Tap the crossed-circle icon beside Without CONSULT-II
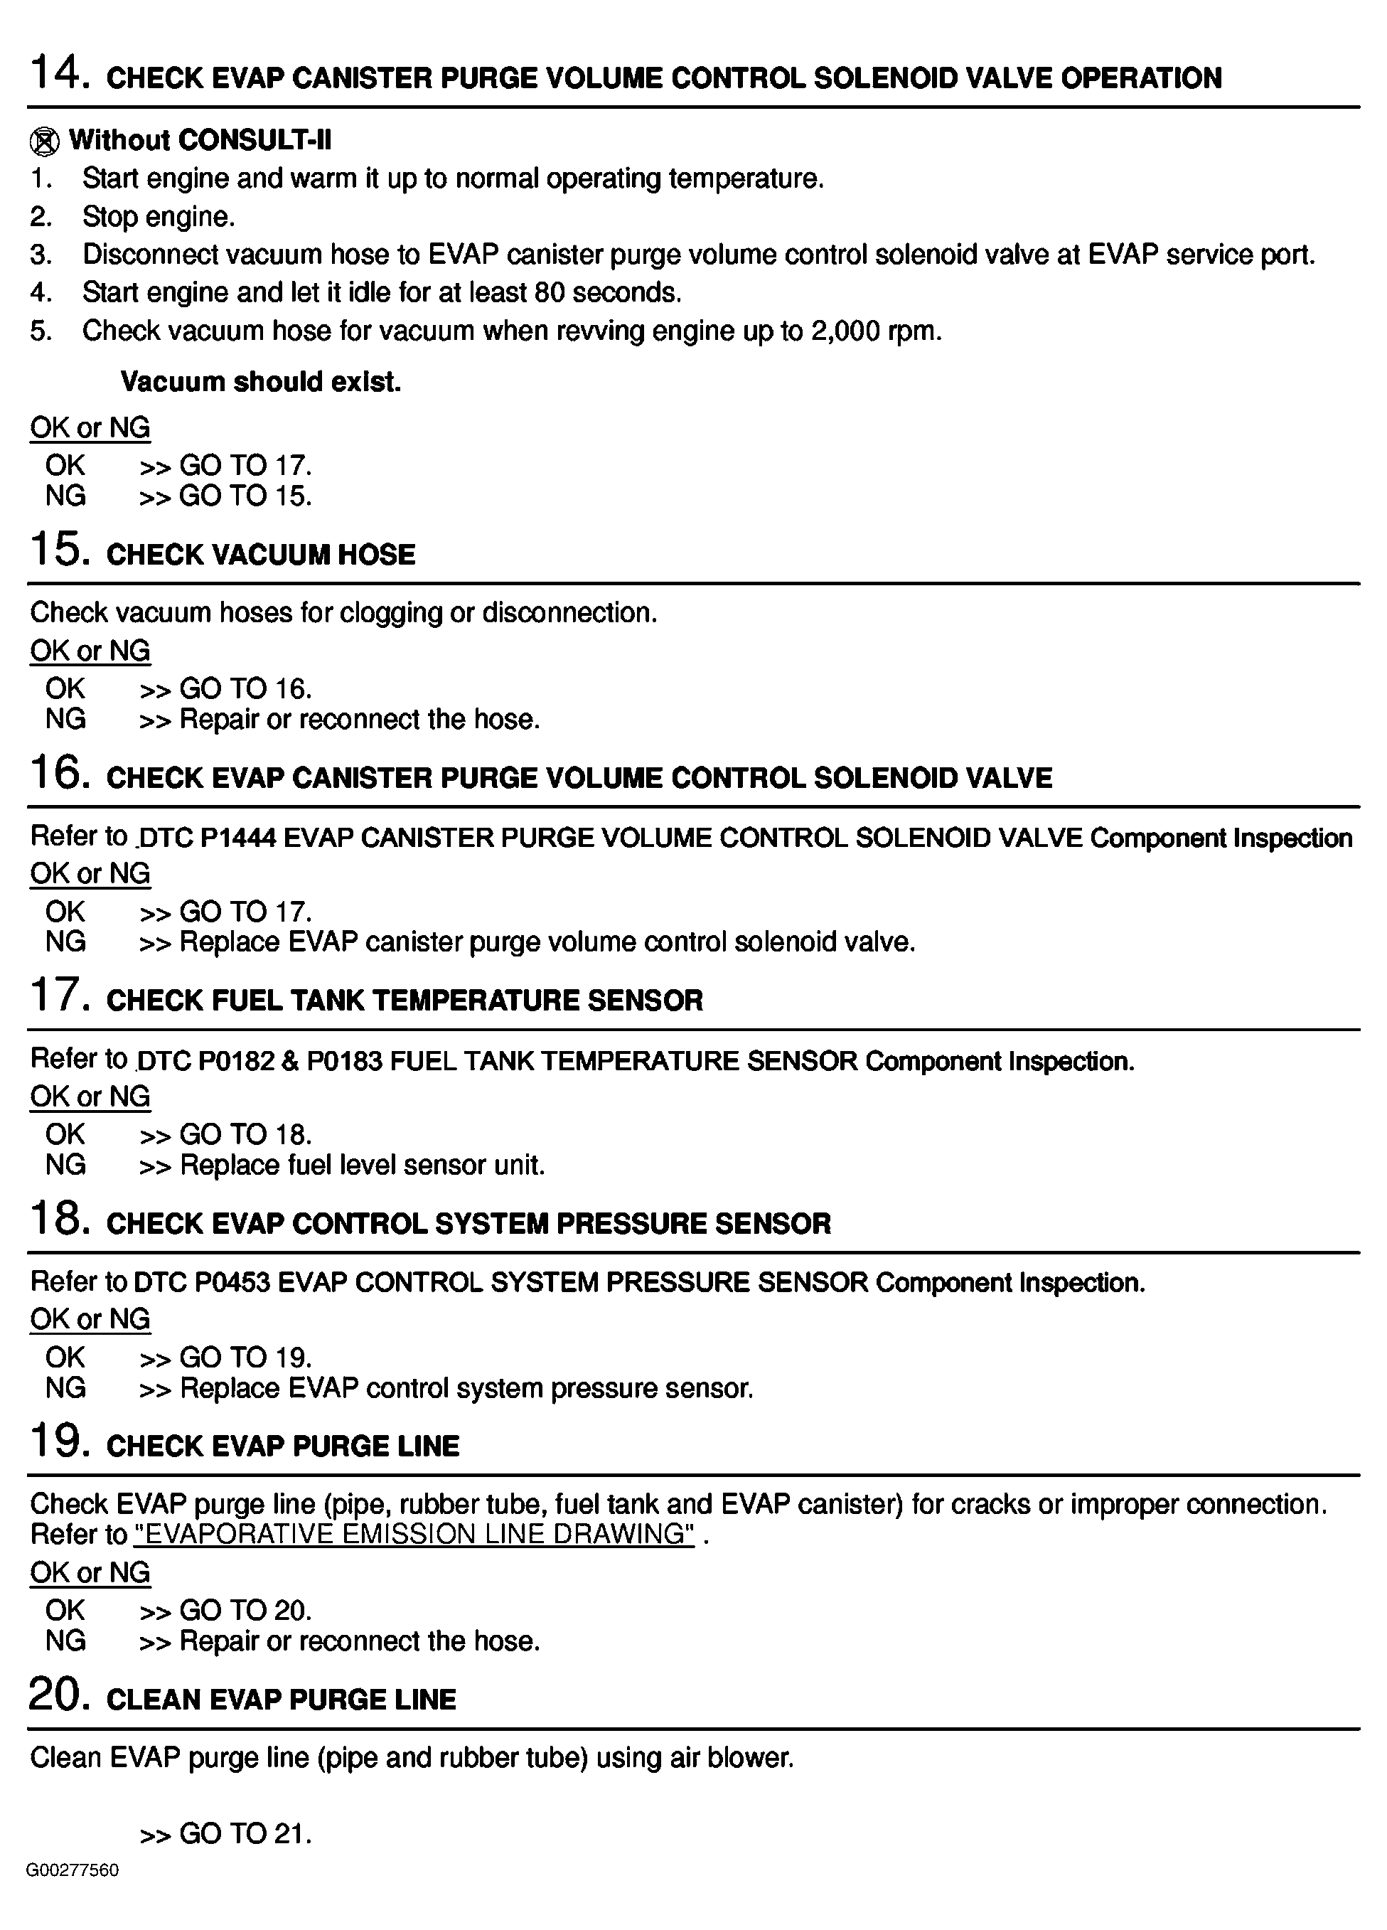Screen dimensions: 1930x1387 coord(44,142)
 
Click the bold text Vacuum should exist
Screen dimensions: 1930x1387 coord(260,382)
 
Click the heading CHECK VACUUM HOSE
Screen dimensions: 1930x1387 coord(260,555)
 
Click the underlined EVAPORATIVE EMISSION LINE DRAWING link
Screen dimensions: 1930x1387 coord(414,1535)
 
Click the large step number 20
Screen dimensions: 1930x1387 coord(60,1695)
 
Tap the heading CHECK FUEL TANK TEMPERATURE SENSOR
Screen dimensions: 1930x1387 coord(405,1001)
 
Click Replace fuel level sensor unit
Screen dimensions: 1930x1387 coord(362,1165)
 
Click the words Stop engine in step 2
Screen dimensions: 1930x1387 coord(159,217)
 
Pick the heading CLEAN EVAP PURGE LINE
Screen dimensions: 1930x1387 coord(281,1700)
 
